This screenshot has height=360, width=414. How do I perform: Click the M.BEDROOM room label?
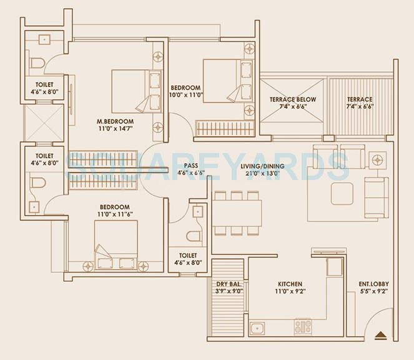click(x=115, y=122)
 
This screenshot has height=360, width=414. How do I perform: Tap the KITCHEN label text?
click(x=290, y=284)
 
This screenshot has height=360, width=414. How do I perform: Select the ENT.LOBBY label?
click(x=373, y=284)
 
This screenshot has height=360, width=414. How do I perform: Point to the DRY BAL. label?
click(x=229, y=284)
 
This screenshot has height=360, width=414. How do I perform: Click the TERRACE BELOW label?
click(x=293, y=99)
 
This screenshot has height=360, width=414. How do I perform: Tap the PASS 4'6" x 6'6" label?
click(x=191, y=169)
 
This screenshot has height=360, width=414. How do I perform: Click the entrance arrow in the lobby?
click(x=380, y=335)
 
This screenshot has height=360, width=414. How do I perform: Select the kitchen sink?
click(x=257, y=329)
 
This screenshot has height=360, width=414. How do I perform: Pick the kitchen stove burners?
click(x=303, y=326)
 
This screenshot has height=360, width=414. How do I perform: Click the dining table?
click(x=237, y=213)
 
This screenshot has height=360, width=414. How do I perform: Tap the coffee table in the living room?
click(x=342, y=194)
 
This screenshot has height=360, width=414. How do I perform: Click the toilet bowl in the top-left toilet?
click(x=37, y=63)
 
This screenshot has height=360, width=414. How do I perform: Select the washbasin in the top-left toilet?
click(x=44, y=39)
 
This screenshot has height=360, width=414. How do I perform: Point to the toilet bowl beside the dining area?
click(x=194, y=236)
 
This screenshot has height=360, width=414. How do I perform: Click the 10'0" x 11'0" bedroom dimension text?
click(x=185, y=95)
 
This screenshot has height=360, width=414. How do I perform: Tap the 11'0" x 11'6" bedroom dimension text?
click(x=115, y=214)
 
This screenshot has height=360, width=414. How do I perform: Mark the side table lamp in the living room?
click(x=377, y=160)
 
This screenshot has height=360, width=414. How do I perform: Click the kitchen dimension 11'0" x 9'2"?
click(x=290, y=291)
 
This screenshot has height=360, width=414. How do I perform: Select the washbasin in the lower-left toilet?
click(x=34, y=207)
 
